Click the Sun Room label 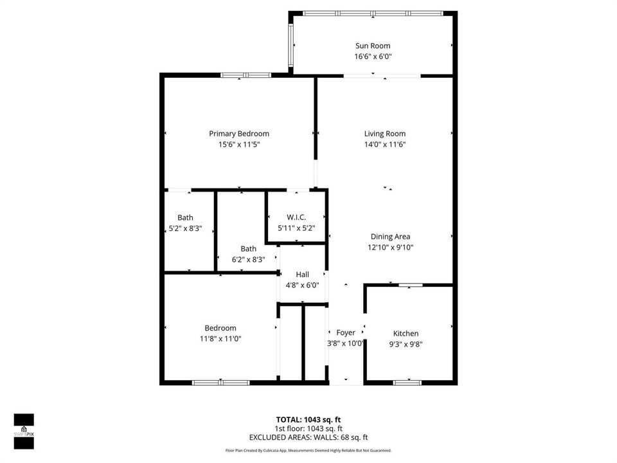point(373,46)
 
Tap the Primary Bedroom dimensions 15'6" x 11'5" point(239,144)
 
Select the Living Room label point(384,134)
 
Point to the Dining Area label point(390,237)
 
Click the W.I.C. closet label point(296,217)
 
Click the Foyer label point(346,332)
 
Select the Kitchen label point(406,334)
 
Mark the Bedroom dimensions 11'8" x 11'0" point(220,339)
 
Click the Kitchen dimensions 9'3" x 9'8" point(406,344)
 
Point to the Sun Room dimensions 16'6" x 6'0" point(373,57)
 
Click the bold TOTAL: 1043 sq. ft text point(308,420)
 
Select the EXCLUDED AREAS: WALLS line point(308,437)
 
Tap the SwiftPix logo point(24,431)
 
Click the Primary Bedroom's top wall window point(246,75)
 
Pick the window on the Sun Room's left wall point(291,45)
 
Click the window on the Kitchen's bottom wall point(407,383)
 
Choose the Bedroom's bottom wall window point(220,383)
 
